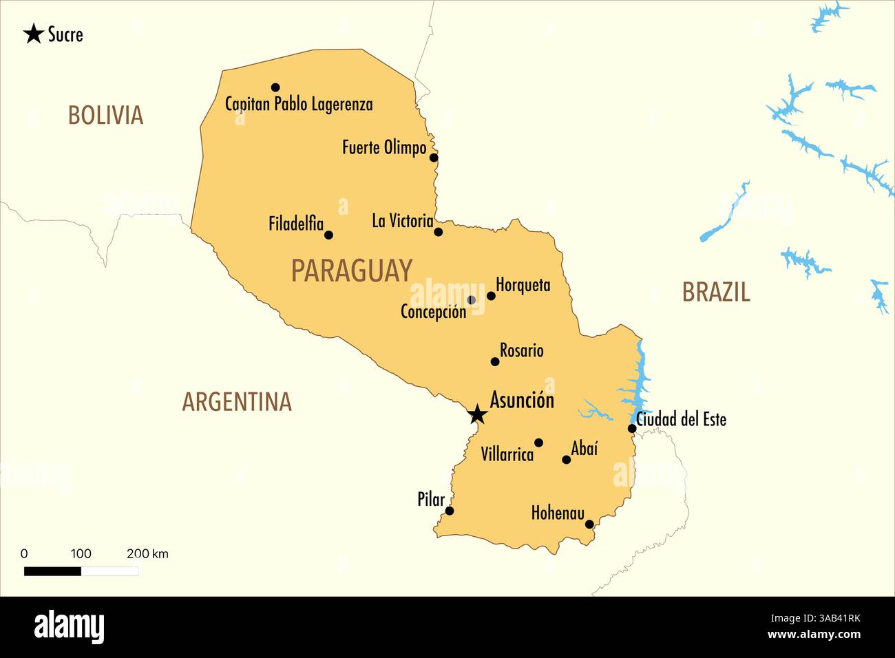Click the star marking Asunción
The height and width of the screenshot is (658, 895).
pos(477,414)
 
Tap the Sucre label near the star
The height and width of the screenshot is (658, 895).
pos(65,34)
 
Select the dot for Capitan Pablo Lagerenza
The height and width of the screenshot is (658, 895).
pos(275,87)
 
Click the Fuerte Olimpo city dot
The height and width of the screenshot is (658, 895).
pos(434,158)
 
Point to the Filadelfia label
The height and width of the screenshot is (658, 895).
pos(296,224)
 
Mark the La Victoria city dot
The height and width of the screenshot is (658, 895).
pos(439,232)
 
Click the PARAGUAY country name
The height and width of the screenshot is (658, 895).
pos(351,270)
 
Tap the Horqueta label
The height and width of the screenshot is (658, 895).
pos(523,284)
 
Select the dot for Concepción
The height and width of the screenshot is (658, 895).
pos(471,300)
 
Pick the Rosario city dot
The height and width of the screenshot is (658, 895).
pos(494,361)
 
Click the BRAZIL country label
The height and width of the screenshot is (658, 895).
pos(716,293)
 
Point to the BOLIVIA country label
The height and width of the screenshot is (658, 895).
pos(105,115)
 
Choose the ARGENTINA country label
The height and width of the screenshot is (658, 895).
pos(237,402)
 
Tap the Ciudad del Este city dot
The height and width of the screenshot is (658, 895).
pos(632,429)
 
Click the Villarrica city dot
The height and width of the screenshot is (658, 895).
pos(538,443)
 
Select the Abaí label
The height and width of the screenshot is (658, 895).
pos(585,449)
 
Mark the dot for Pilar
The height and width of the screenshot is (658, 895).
pos(450,511)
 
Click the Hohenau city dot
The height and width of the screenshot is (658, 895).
pos(589,524)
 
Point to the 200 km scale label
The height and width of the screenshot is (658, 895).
pos(147,553)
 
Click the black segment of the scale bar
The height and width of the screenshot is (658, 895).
pos(52,571)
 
